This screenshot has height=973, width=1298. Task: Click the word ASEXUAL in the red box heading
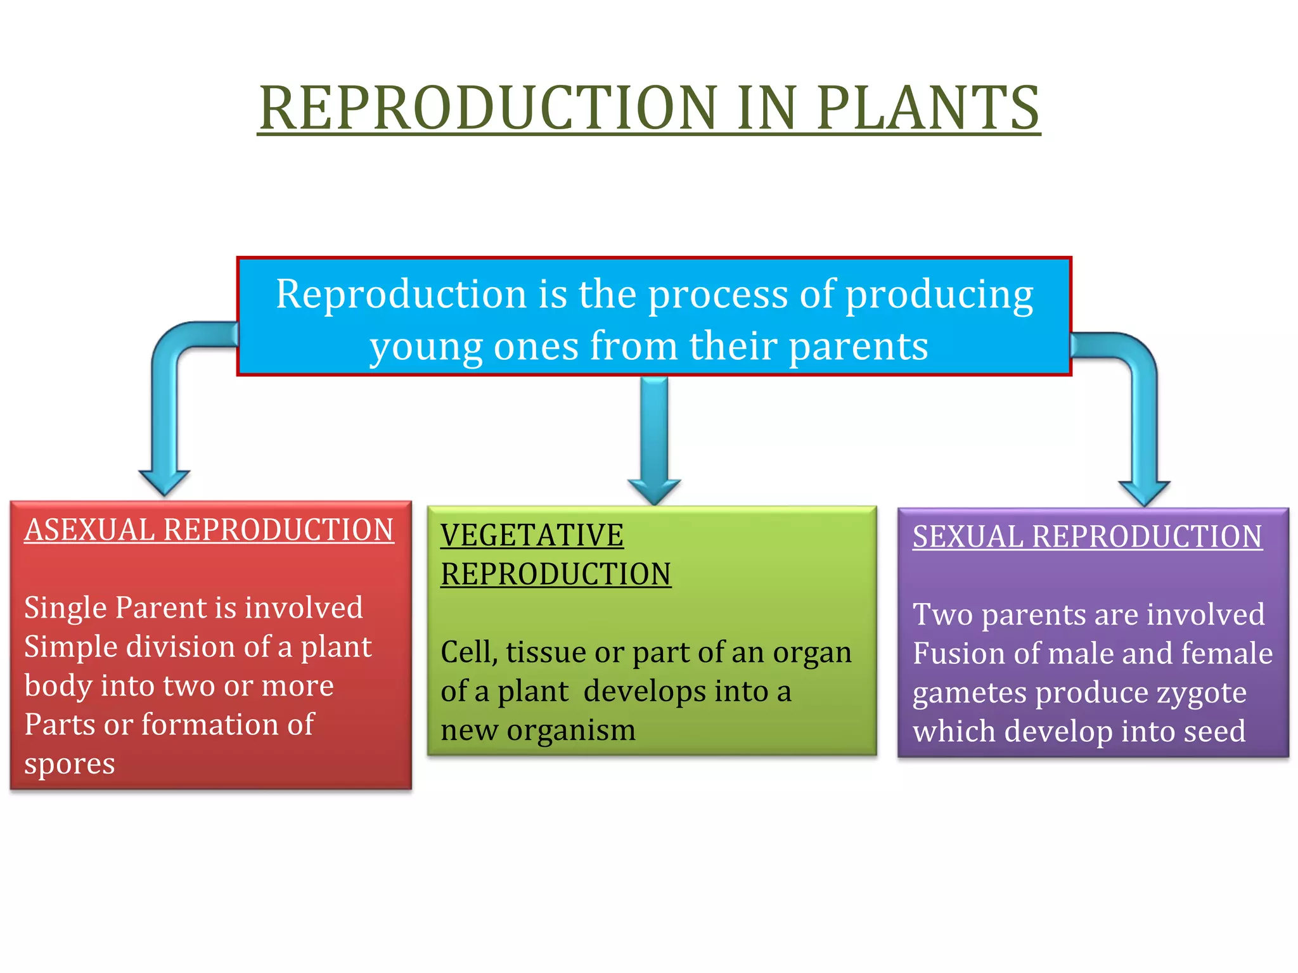click(x=89, y=530)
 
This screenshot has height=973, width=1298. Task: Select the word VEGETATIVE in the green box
click(x=532, y=535)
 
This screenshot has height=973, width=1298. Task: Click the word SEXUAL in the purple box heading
click(x=968, y=537)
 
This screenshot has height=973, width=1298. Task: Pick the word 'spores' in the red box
click(x=70, y=764)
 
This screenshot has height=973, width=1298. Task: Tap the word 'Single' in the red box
click(x=65, y=608)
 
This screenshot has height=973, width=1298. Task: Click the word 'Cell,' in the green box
click(x=468, y=652)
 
